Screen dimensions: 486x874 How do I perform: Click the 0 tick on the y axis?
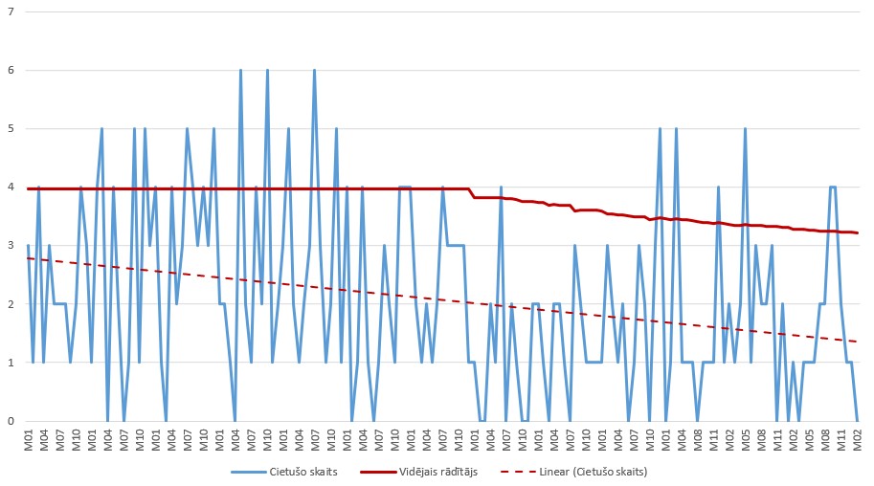pyautogui.click(x=12, y=421)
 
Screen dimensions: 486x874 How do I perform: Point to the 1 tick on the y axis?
pyautogui.click(x=12, y=363)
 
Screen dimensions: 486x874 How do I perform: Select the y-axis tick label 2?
pyautogui.click(x=12, y=304)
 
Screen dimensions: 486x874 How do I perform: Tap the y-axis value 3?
pyautogui.click(x=12, y=246)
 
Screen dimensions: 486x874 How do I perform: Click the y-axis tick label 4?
pyautogui.click(x=12, y=188)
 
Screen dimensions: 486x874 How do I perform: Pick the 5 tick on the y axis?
pyautogui.click(x=12, y=129)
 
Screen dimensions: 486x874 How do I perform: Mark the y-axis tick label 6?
pyautogui.click(x=12, y=71)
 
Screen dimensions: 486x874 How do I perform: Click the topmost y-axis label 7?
pyautogui.click(x=12, y=12)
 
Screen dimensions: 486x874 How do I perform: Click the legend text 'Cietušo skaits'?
pyautogui.click(x=299, y=471)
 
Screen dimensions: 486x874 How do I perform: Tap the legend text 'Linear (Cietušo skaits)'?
pyautogui.click(x=593, y=471)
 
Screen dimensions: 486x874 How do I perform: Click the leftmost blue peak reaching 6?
pyautogui.click(x=240, y=71)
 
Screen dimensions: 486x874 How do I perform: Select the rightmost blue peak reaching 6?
pyautogui.click(x=314, y=71)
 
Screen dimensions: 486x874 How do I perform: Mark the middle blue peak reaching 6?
pyautogui.click(x=267, y=71)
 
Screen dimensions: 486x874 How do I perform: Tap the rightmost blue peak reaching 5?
pyautogui.click(x=745, y=129)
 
